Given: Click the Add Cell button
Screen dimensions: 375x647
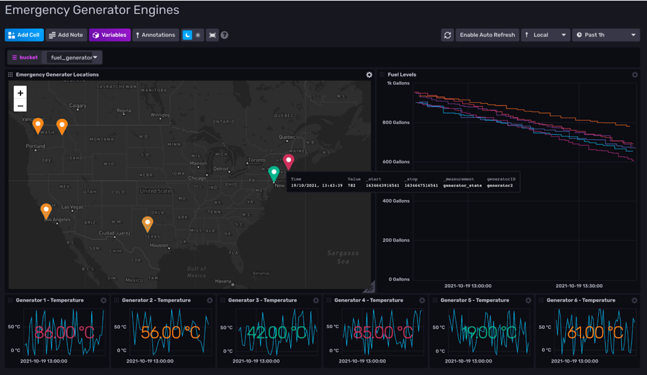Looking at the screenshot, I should (24, 35).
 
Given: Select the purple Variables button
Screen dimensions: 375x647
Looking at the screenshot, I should (109, 35).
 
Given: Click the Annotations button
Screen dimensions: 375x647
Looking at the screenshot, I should (156, 35).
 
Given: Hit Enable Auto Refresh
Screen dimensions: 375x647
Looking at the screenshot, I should (487, 35).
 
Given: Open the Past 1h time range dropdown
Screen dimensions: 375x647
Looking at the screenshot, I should (605, 35).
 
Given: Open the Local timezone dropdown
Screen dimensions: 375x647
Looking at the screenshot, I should (546, 35).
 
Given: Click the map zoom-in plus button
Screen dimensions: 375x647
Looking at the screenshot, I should (20, 93).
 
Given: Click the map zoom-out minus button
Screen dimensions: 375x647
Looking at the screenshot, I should (20, 106).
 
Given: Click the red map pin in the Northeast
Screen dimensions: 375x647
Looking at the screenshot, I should (288, 162).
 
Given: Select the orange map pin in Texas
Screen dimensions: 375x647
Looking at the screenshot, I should (148, 224).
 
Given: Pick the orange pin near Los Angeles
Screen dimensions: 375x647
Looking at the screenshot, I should (46, 211).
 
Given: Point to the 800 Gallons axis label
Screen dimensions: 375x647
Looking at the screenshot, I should (396, 123).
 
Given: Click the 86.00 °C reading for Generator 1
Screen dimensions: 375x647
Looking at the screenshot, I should (64, 332).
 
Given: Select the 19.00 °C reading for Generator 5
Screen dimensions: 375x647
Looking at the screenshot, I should (489, 332).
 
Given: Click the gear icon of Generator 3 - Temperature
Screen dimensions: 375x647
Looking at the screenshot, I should (316, 300).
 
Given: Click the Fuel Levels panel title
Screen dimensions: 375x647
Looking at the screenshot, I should (402, 75).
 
